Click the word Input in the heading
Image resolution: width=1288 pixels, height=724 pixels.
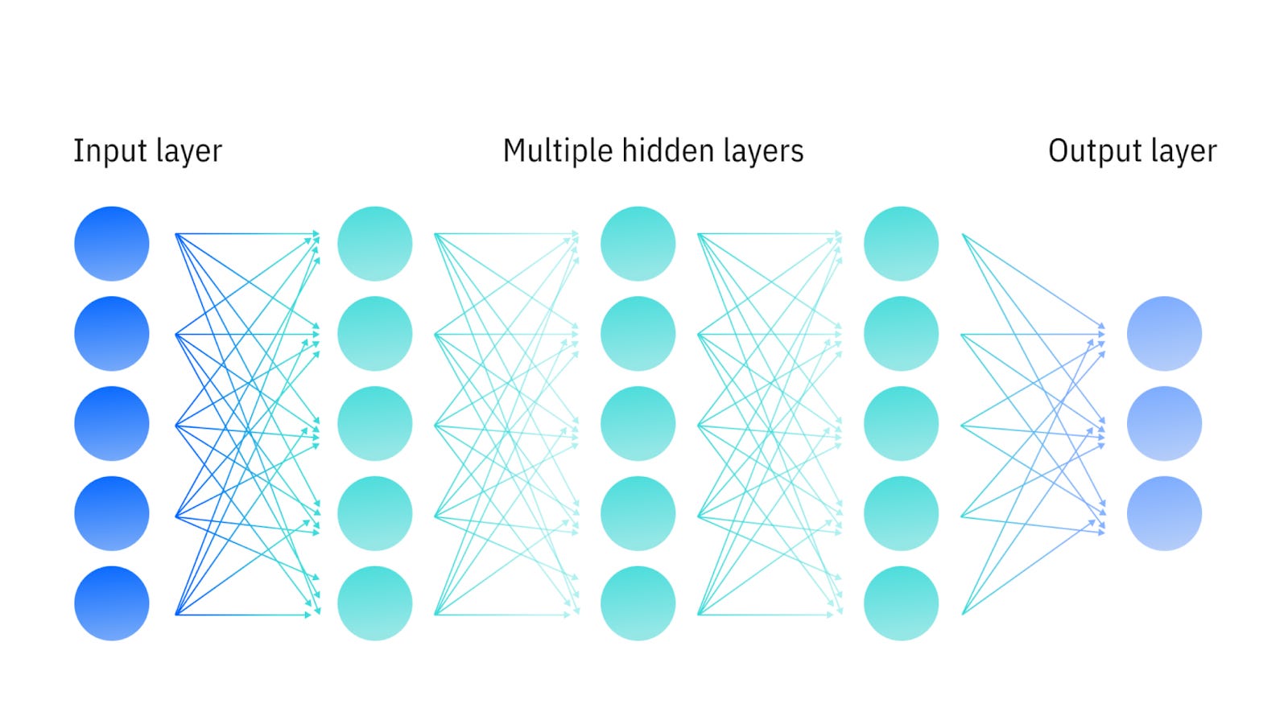point(98,151)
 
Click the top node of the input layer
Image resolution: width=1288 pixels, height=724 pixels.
point(112,244)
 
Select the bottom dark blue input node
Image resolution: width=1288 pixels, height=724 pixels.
point(112,603)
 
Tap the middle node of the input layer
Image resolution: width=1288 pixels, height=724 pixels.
point(112,424)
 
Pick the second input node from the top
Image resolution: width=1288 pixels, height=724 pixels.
point(112,334)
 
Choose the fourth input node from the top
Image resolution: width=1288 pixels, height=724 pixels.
point(112,513)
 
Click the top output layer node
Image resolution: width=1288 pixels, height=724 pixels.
point(1164,334)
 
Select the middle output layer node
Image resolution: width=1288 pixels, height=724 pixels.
point(1164,424)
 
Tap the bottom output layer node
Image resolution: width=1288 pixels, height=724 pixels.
point(1164,513)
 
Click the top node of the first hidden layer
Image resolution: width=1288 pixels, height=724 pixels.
point(375,244)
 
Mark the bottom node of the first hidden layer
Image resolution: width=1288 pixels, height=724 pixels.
point(375,603)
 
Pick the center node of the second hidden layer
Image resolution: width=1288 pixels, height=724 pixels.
point(638,424)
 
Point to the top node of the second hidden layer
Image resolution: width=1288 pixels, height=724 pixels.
point(638,244)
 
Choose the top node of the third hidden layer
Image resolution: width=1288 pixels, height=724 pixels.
point(902,244)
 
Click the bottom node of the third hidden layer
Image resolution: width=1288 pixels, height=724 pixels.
point(902,603)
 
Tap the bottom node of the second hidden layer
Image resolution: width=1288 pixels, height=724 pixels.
point(638,603)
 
